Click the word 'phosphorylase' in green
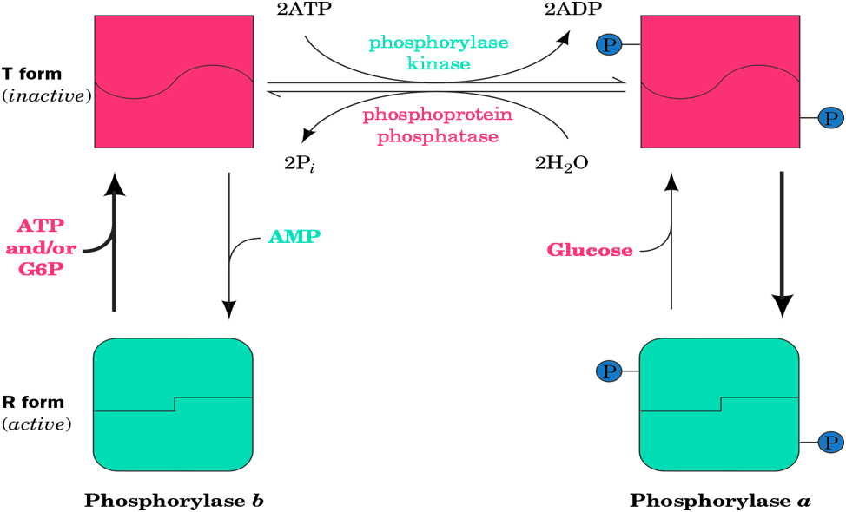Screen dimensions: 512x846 [x=438, y=43]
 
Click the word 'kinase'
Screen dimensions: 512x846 [x=438, y=63]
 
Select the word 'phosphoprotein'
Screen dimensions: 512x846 [x=438, y=115]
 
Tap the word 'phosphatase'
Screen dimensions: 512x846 [x=438, y=136]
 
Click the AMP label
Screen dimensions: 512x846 [x=294, y=236]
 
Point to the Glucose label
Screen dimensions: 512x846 [x=590, y=250]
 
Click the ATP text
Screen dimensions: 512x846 [x=40, y=226]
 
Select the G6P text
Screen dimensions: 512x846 [x=40, y=269]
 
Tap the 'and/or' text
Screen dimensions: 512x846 [x=41, y=248]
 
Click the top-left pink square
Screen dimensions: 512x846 [x=174, y=82]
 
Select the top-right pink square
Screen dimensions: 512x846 [x=720, y=82]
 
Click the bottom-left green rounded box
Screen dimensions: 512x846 [x=173, y=404]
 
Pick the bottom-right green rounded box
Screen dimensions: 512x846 [x=719, y=404]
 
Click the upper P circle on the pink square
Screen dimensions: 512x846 [x=609, y=44]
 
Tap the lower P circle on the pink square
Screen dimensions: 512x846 [x=831, y=118]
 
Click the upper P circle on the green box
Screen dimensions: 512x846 [x=609, y=371]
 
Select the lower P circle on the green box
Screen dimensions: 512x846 [x=831, y=443]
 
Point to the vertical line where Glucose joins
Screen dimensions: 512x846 [x=671, y=247]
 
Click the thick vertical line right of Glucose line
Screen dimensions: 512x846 [x=782, y=234]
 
